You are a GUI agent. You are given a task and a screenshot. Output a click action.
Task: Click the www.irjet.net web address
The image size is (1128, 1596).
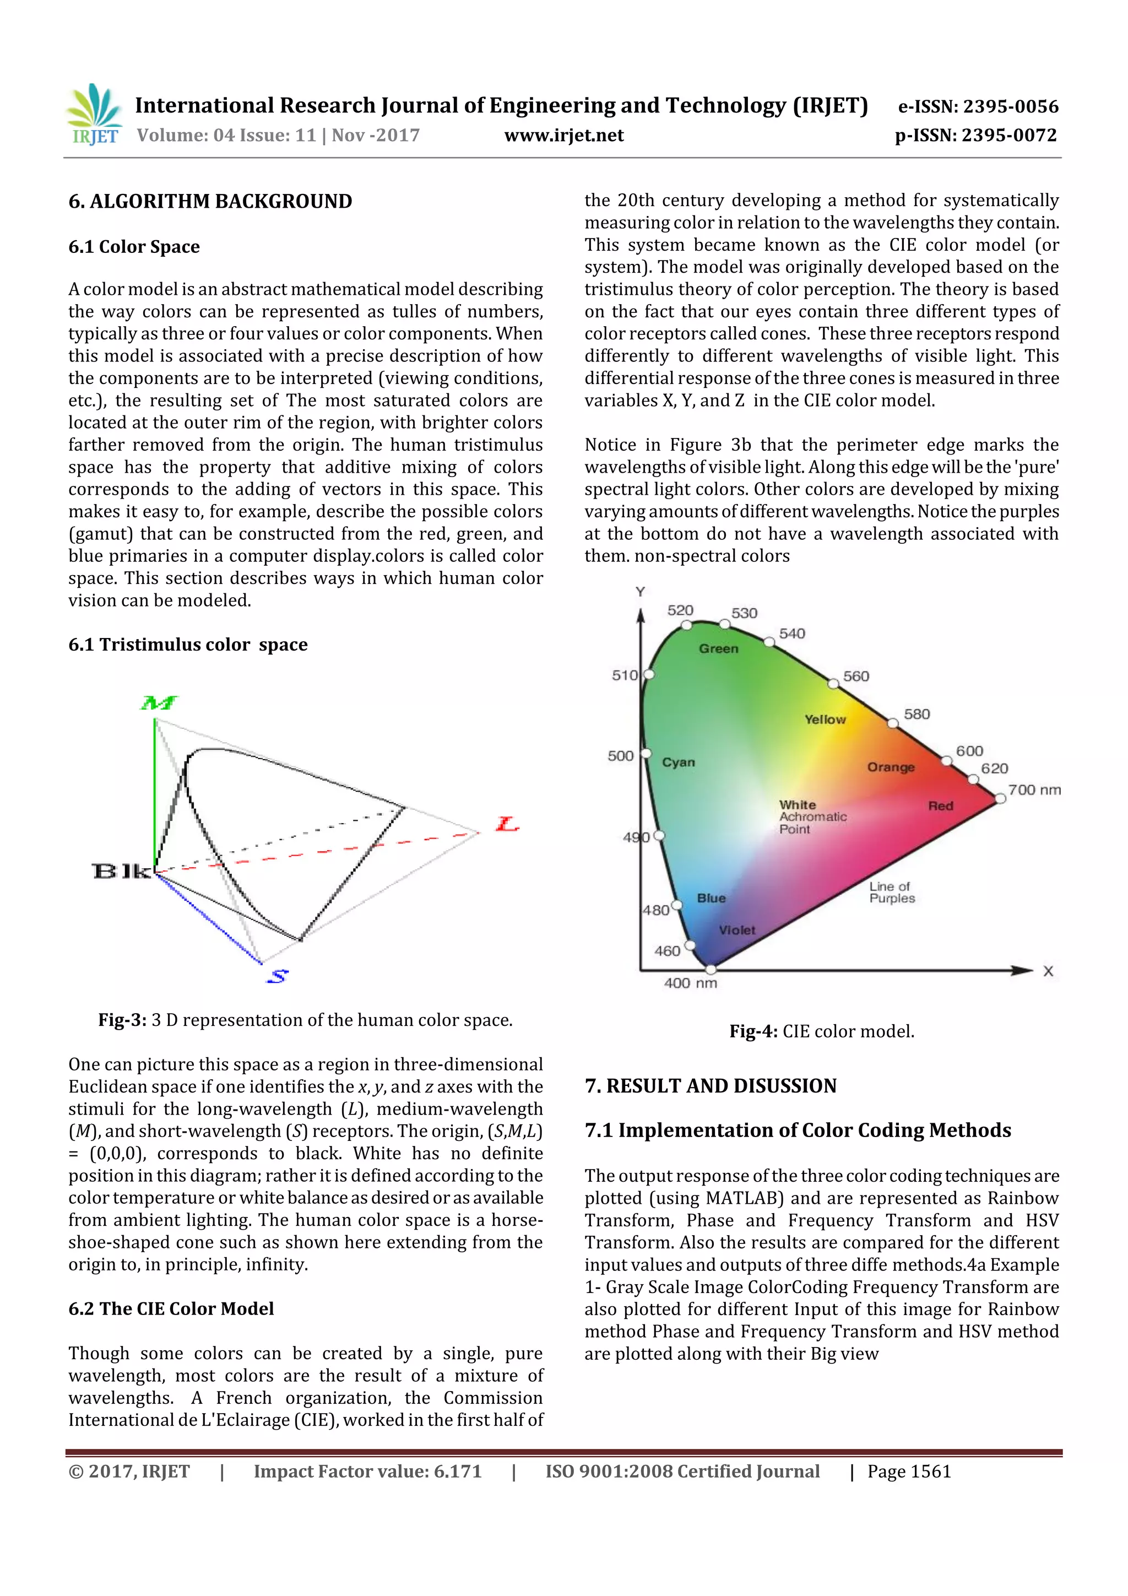563,135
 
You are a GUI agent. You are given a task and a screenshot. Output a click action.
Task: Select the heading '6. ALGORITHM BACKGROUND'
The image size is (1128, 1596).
210,202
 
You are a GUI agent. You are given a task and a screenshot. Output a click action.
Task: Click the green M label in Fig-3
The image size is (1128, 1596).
159,703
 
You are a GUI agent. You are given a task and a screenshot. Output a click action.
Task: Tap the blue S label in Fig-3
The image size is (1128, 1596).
277,976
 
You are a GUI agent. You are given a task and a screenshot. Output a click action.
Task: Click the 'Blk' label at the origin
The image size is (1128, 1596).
122,871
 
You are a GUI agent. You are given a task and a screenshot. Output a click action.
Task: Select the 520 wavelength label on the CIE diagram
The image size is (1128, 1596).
680,610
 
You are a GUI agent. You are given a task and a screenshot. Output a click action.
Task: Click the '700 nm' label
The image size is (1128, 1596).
1034,789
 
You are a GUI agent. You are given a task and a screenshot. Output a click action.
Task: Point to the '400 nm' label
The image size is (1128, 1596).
690,983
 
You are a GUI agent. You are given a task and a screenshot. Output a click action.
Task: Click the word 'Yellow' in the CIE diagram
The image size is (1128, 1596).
825,719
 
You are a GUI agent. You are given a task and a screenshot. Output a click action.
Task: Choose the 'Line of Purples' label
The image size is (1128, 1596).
892,892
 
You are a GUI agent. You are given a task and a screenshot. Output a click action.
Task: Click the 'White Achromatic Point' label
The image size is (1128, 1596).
812,817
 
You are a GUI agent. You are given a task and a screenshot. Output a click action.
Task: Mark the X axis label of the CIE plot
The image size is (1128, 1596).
1048,971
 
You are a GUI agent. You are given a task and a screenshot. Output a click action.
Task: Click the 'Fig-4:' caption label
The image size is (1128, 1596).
753,1031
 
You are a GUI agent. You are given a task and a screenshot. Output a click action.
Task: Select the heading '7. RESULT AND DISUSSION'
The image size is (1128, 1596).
711,1086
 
